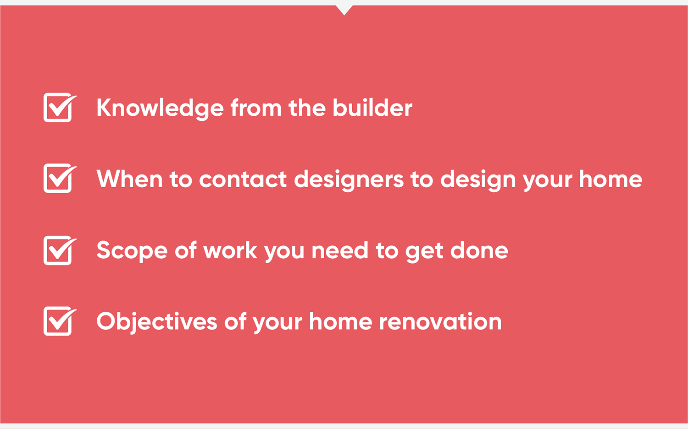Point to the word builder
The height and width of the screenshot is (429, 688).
coord(372,108)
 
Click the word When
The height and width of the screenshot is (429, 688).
coord(129,179)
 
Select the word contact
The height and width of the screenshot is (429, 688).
coord(243,179)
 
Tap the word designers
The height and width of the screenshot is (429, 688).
coord(349,180)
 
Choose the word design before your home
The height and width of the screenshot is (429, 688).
coord(478,180)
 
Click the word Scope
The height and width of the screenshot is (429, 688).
coord(132,251)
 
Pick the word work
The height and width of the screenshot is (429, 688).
coord(230,250)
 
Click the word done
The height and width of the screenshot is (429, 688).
coord(479,250)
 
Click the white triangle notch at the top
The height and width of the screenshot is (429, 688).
coord(344,9)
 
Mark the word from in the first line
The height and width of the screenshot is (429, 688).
coord(256,108)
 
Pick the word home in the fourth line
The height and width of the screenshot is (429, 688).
coord(341,321)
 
